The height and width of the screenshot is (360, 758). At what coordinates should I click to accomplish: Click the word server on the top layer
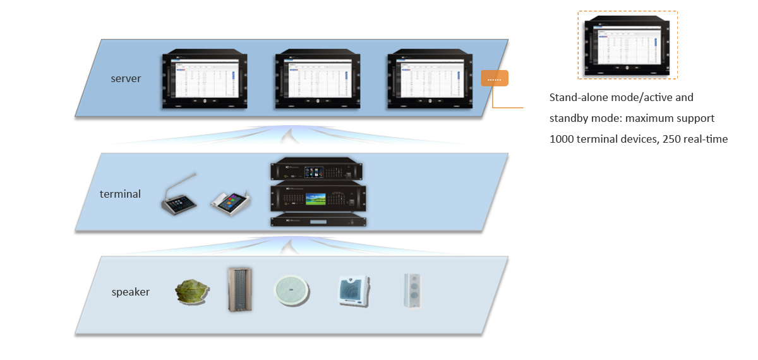(125, 79)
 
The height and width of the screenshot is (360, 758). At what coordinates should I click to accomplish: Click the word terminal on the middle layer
(120, 194)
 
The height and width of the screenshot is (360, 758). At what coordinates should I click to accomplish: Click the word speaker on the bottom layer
(131, 292)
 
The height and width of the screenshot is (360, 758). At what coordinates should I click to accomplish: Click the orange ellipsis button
(494, 78)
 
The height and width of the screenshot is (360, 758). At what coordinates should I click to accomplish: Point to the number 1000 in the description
(563, 139)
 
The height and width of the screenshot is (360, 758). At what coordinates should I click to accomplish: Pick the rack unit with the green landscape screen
(318, 198)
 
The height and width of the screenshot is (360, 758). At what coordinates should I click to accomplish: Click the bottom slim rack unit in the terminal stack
(318, 220)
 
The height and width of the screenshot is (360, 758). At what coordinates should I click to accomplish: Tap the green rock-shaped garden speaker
(192, 291)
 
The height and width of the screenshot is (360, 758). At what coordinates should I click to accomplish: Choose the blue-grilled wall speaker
(352, 291)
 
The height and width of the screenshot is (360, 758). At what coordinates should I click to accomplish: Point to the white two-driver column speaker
(412, 291)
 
